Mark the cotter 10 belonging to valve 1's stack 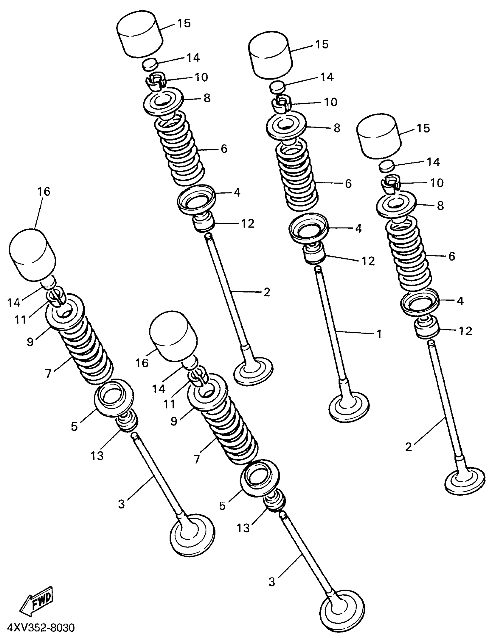pos(280,104)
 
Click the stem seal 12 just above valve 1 pos(315,253)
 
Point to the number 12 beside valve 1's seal pos(368,261)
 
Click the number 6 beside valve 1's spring pos(348,184)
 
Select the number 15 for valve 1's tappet pos(322,44)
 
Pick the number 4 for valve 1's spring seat pos(358,229)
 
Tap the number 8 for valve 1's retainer pos(337,128)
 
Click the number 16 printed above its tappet pos(44,192)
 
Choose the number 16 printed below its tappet pos(142,363)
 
